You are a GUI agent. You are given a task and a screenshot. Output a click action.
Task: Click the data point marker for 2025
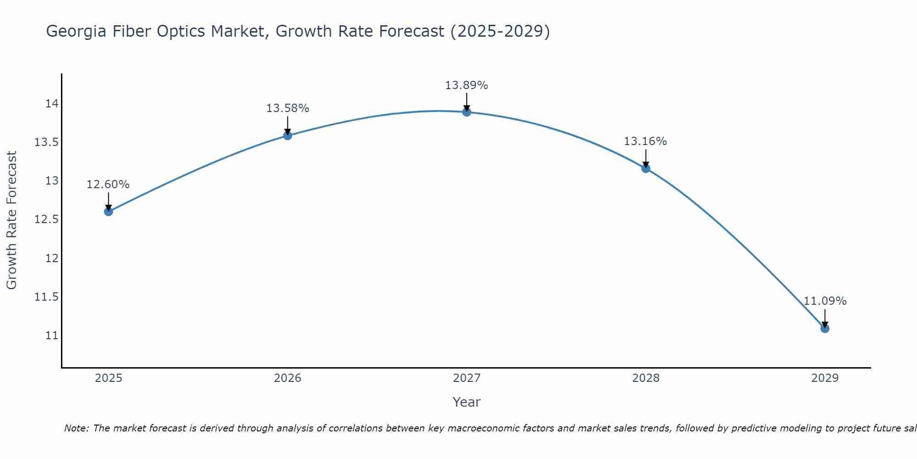click(x=109, y=212)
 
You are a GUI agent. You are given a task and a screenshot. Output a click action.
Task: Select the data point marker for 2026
click(x=287, y=135)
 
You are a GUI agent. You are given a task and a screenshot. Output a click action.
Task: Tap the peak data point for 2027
click(x=467, y=112)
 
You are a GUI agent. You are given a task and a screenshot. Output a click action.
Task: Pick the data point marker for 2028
click(x=646, y=168)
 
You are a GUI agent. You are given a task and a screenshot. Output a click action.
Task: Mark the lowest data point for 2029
click(x=825, y=329)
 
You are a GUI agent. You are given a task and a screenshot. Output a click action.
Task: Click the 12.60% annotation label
click(x=108, y=185)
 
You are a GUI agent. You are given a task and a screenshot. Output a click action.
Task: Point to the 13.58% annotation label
click(x=287, y=108)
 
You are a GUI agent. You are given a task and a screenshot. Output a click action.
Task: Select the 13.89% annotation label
click(x=467, y=85)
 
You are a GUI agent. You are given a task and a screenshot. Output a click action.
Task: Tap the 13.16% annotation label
click(x=645, y=141)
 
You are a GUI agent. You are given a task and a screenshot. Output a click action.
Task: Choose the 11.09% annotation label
click(x=825, y=301)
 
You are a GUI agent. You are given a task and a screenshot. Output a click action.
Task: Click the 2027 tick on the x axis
click(x=467, y=378)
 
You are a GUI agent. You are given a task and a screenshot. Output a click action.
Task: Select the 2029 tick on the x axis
click(x=825, y=378)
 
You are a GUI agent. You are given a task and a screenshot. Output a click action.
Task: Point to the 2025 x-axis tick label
click(x=109, y=378)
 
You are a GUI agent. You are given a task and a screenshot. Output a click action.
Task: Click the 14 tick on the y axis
click(x=52, y=104)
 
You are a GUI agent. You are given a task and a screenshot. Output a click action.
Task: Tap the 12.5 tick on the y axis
click(x=47, y=219)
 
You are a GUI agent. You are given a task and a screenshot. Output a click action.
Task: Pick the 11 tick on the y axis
click(x=52, y=336)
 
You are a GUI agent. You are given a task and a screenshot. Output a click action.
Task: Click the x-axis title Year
click(x=467, y=402)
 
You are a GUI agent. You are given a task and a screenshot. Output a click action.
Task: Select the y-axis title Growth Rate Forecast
click(x=12, y=220)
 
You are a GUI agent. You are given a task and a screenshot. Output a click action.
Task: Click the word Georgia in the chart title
click(x=77, y=31)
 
